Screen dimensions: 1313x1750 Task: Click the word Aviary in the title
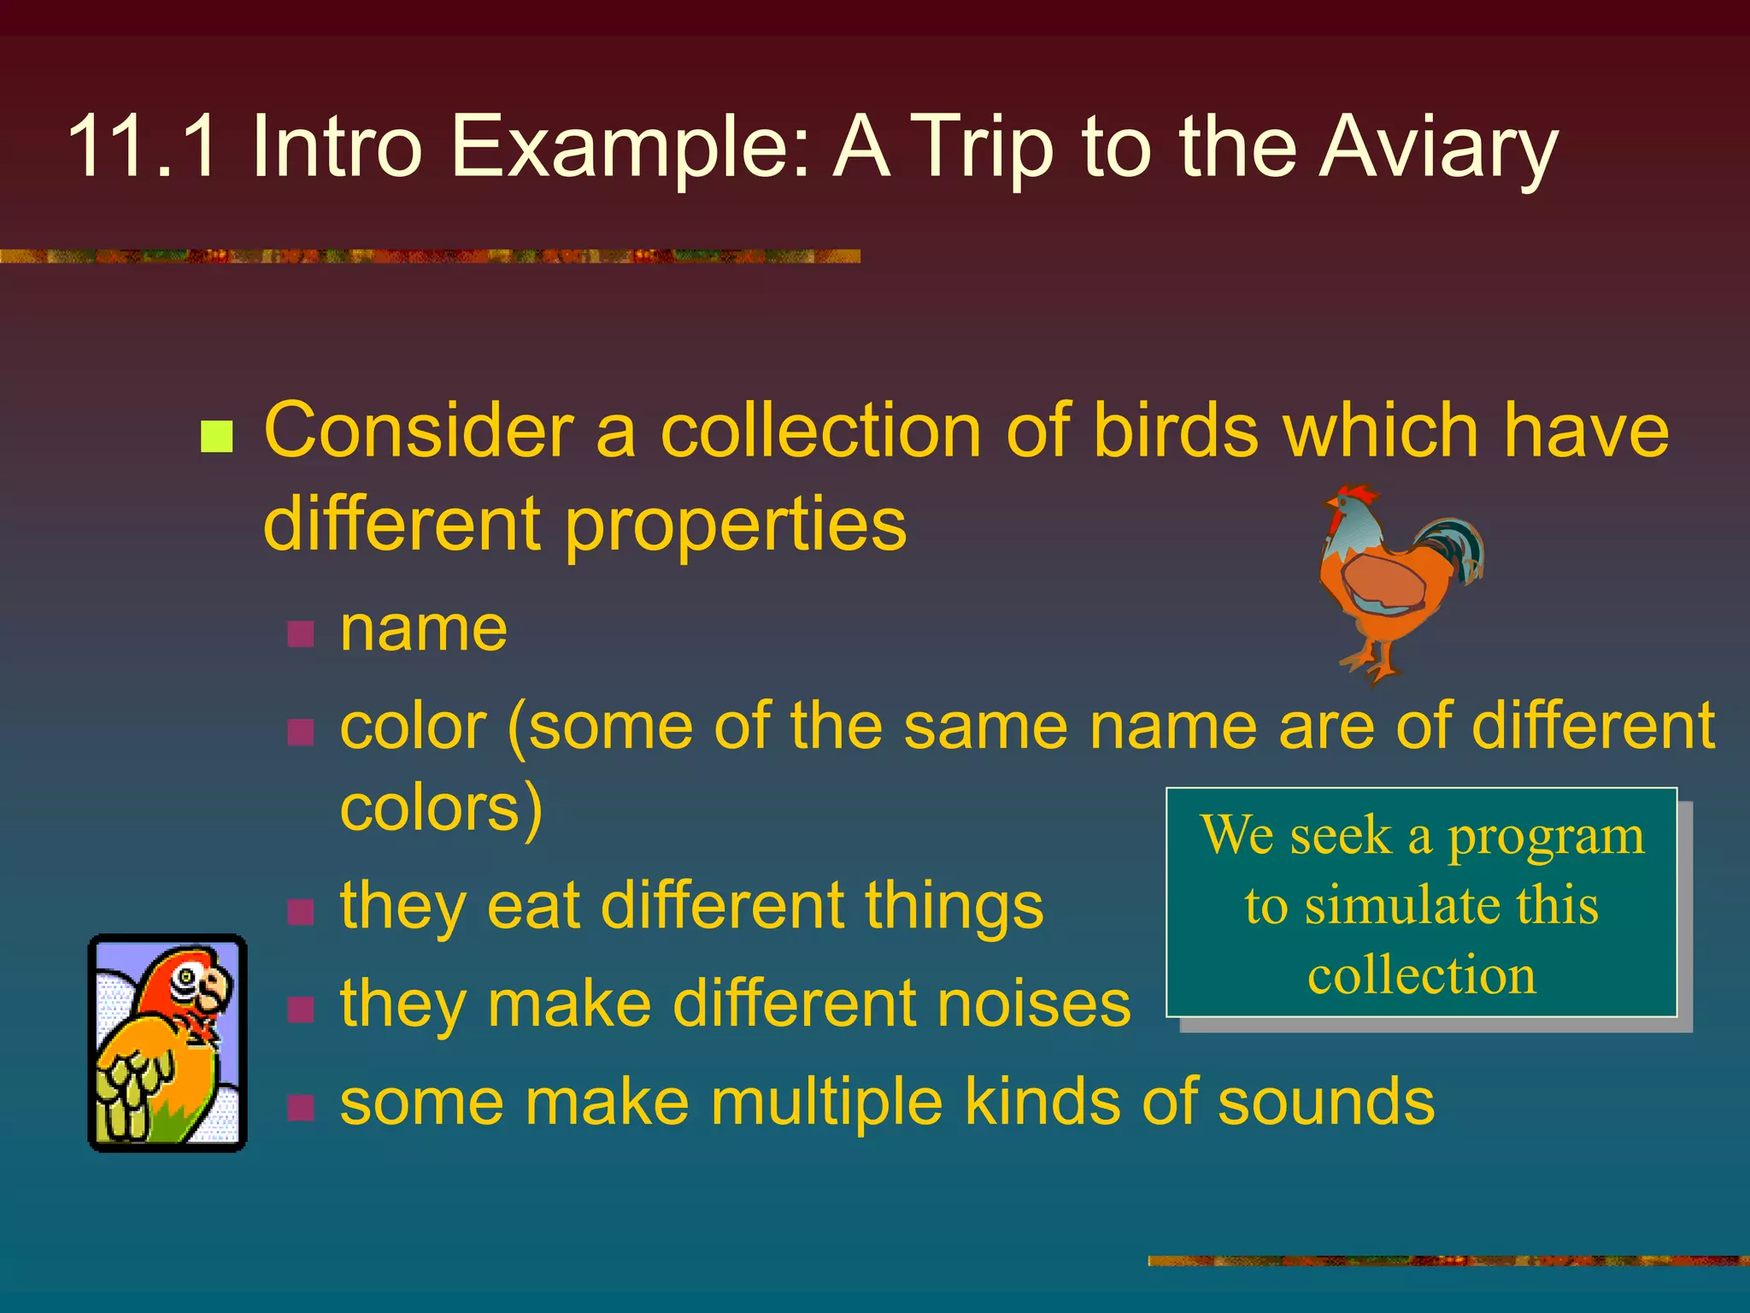pos(1438,147)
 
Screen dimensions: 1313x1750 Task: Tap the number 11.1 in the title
pos(142,147)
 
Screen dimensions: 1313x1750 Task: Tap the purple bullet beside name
pos(301,633)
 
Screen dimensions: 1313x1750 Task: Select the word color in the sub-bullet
pos(413,726)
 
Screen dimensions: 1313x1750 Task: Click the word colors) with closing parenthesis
pos(441,807)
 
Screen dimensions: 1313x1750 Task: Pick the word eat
pos(534,905)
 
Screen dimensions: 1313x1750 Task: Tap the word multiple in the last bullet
pos(827,1101)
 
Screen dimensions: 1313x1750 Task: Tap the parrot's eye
pos(187,976)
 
